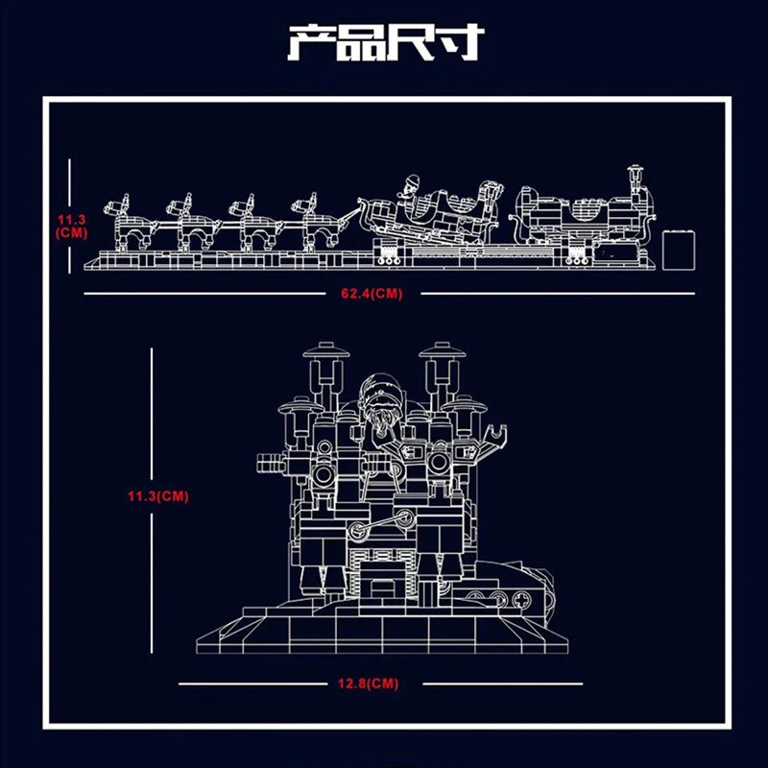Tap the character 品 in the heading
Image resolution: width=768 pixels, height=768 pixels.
pyautogui.click(x=361, y=42)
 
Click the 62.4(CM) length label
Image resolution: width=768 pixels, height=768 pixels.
pyautogui.click(x=372, y=294)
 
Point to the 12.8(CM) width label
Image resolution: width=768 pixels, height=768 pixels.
pyautogui.click(x=369, y=684)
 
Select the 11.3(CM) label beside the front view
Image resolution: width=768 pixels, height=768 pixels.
pyautogui.click(x=158, y=496)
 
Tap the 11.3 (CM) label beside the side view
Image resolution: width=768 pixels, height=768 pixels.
pyautogui.click(x=71, y=226)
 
